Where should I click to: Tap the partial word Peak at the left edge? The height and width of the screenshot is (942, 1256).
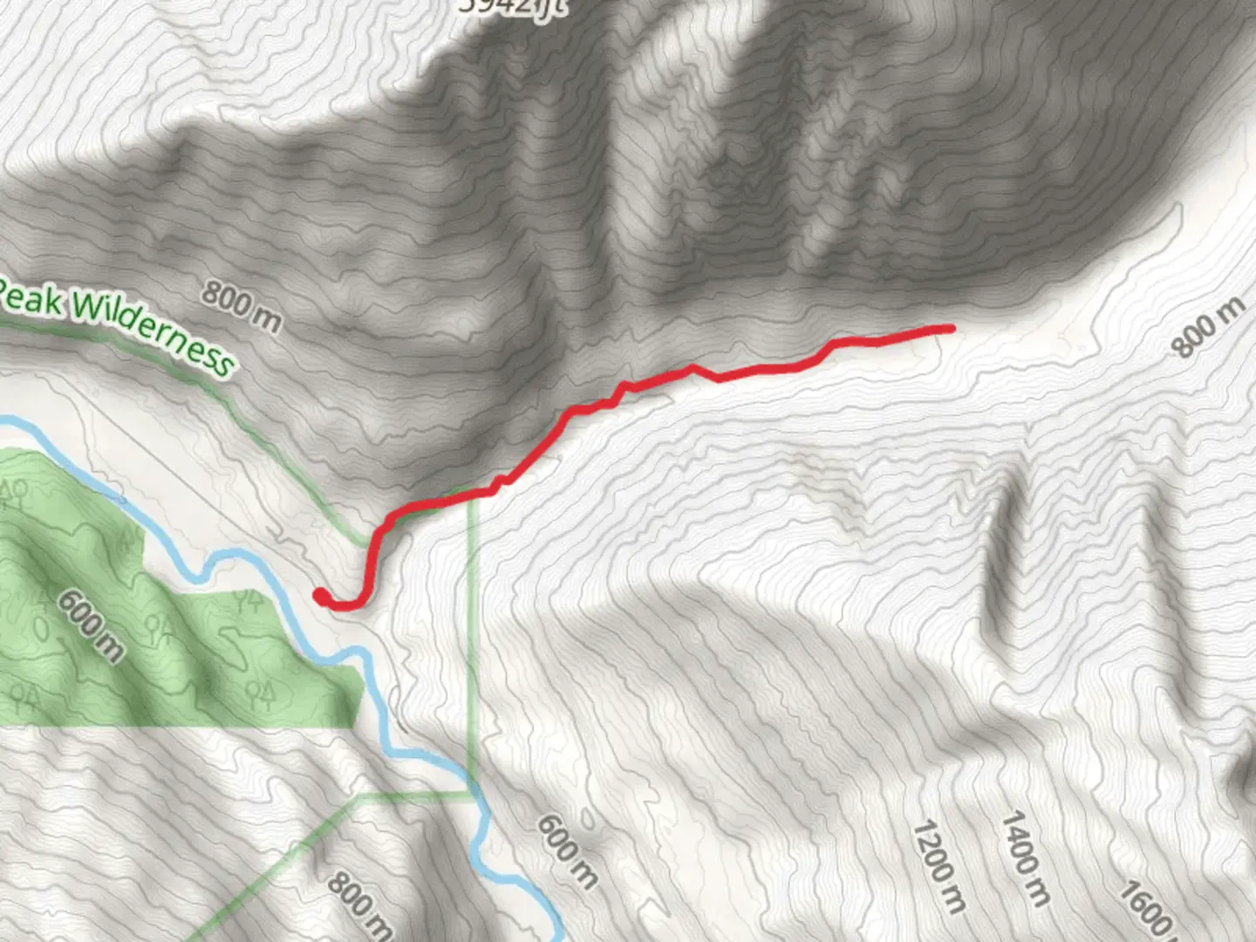click(x=31, y=299)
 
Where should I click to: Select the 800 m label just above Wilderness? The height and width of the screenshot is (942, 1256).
click(x=242, y=306)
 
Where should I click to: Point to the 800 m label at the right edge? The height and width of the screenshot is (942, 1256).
click(x=1208, y=328)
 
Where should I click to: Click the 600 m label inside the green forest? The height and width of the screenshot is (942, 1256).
click(x=90, y=625)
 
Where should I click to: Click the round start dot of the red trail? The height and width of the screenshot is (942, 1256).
click(x=320, y=596)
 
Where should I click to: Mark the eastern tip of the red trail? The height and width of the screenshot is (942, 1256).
click(x=951, y=328)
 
